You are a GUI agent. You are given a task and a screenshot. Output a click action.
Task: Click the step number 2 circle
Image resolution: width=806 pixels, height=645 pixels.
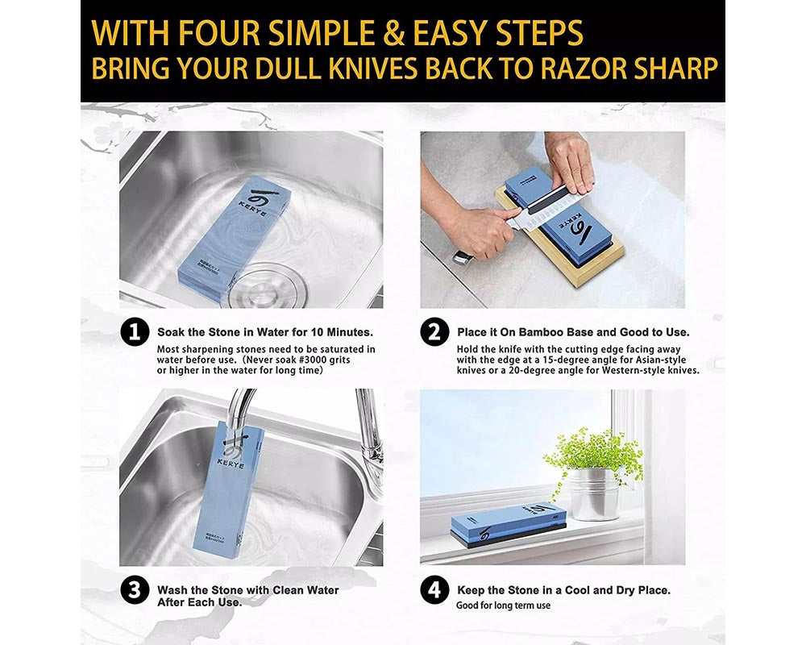click(435, 332)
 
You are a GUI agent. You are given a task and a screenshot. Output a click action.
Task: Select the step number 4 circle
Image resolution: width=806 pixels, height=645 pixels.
click(435, 590)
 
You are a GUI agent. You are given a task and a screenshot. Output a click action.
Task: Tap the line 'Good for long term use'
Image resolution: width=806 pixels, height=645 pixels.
click(504, 605)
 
